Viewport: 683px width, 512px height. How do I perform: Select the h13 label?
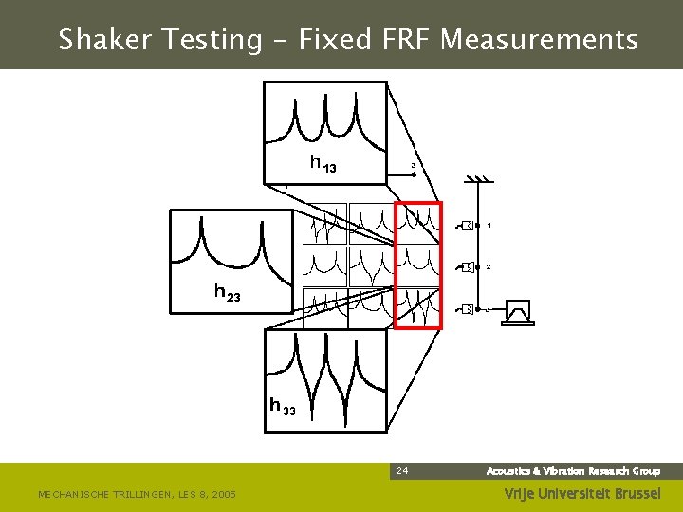click(x=323, y=163)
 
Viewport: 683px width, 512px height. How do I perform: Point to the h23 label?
click(x=227, y=293)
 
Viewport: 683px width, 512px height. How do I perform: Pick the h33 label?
click(x=283, y=407)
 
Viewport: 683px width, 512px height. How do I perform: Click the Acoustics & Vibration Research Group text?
click(x=573, y=471)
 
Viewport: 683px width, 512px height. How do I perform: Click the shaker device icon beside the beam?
click(x=518, y=311)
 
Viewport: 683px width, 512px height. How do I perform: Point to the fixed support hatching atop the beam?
click(x=477, y=180)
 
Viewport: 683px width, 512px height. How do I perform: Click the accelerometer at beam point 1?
click(x=466, y=226)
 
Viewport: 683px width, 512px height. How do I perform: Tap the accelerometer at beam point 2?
click(x=466, y=267)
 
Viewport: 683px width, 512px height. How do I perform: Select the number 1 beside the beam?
click(x=489, y=226)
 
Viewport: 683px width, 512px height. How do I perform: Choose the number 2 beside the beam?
click(x=489, y=267)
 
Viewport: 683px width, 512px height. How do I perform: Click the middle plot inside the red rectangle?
click(x=418, y=265)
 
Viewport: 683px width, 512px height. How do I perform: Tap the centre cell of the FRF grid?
click(x=372, y=265)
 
